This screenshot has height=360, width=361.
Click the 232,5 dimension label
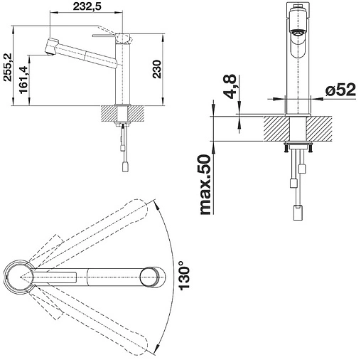point(87,6)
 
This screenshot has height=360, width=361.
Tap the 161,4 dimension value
point(23,80)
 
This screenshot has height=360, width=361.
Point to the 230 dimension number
point(156,69)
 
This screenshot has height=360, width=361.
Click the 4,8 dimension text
point(229,86)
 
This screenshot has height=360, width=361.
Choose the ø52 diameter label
point(340,90)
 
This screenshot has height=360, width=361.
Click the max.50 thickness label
point(205,185)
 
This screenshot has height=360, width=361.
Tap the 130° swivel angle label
point(184,275)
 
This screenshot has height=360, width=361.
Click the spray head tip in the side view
point(48,53)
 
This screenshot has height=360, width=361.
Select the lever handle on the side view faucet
point(104,36)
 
